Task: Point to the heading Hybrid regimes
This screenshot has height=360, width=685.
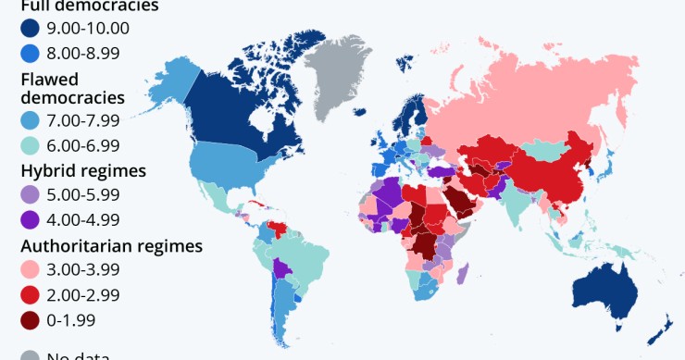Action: click(82, 171)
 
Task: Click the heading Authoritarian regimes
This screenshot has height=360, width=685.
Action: click(111, 246)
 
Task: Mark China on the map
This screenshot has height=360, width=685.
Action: click(546, 171)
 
